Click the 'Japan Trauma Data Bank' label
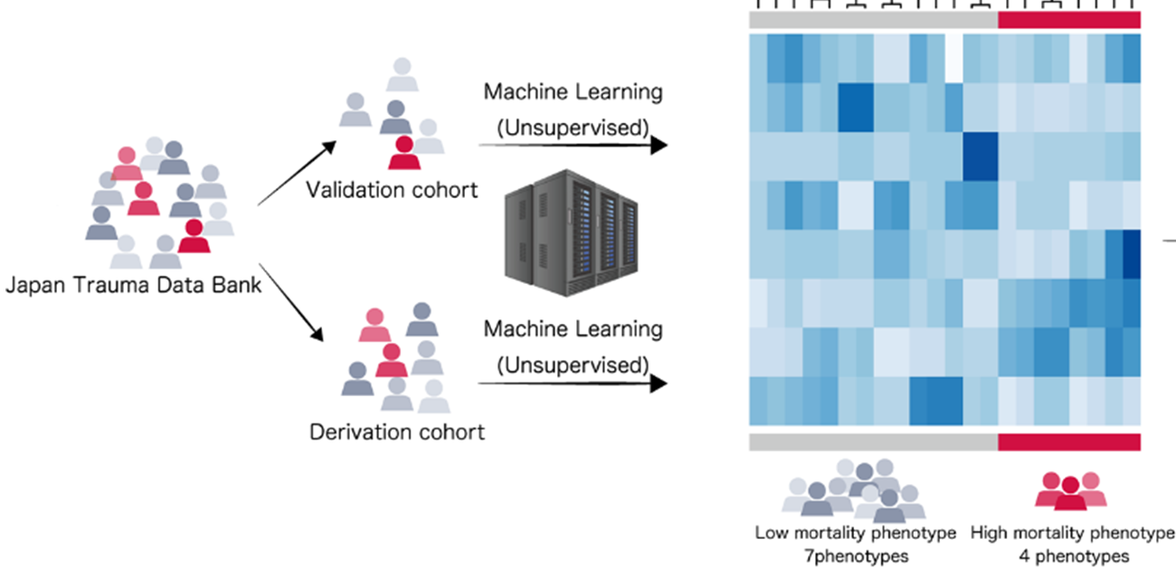click(x=134, y=287)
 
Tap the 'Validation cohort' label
click(x=392, y=191)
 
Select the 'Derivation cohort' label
click(x=397, y=431)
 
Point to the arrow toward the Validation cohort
click(x=297, y=173)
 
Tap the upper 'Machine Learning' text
click(x=573, y=91)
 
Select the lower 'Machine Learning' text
click(x=573, y=328)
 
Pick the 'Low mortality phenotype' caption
click(x=856, y=533)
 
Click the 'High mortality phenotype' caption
click(x=1072, y=533)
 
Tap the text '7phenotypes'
click(x=856, y=555)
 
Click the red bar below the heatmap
click(x=1069, y=441)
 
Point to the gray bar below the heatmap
click(x=873, y=441)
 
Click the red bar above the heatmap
click(x=1069, y=20)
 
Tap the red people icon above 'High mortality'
click(x=1071, y=490)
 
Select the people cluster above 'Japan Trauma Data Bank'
click(x=160, y=204)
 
